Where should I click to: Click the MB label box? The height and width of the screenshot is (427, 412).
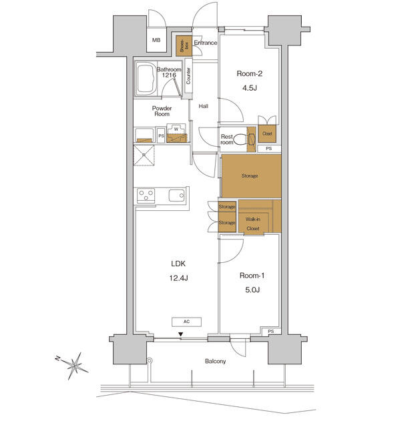[x=156, y=41]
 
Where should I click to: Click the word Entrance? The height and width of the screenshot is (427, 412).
[x=206, y=43]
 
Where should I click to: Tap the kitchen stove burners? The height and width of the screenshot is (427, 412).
[x=147, y=195]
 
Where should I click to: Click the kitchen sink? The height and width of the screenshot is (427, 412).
[x=176, y=195]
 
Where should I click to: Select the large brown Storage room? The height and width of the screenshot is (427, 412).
[x=250, y=176]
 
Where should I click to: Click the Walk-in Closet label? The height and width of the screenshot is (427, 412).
[x=253, y=224]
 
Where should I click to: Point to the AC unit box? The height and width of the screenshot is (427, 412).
[x=188, y=322]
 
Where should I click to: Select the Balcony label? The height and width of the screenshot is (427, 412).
[x=215, y=362]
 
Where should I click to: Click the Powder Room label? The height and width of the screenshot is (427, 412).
[x=162, y=111]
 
